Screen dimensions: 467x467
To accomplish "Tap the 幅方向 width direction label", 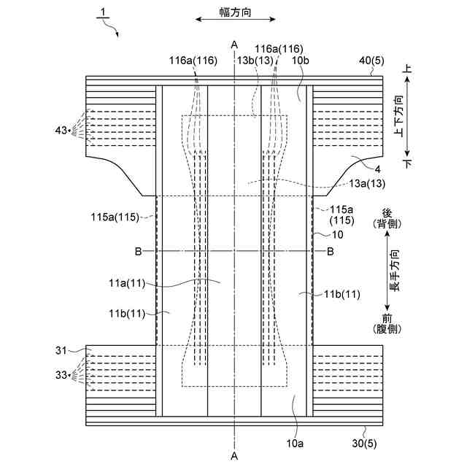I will [x=235, y=12].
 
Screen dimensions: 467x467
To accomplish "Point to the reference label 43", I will [x=61, y=130].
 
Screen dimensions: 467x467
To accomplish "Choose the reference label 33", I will [x=61, y=375].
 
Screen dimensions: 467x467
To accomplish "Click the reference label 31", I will [x=61, y=350].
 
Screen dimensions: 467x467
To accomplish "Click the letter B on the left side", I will [x=136, y=252].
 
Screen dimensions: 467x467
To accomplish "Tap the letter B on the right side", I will [x=330, y=252].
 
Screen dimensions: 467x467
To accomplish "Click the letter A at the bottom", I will [x=234, y=456].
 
